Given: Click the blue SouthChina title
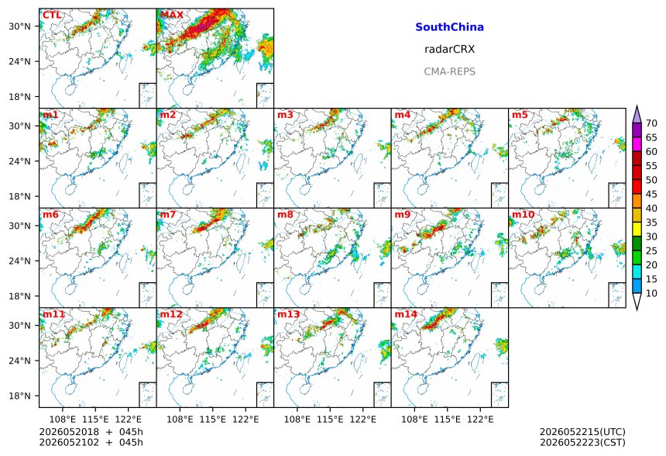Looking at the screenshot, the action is (449, 27).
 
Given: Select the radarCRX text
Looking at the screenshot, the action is (449, 50).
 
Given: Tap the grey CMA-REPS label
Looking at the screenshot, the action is (449, 71).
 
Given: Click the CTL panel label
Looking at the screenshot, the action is (52, 16).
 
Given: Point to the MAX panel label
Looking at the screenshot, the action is (172, 16).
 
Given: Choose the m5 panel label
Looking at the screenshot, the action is (520, 115).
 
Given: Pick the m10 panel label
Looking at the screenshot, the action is (523, 214).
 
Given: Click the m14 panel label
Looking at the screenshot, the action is (406, 314).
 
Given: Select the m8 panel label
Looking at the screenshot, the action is (285, 214).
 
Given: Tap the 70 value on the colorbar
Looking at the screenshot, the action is (651, 123).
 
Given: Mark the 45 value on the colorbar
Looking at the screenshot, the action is (651, 195).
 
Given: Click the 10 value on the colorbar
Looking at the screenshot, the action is (651, 293).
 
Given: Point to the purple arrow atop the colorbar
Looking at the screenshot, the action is (637, 114).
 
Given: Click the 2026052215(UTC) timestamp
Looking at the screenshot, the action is (582, 432).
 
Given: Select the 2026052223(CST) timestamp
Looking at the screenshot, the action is (582, 443).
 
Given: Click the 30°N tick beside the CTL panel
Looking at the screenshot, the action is (19, 26).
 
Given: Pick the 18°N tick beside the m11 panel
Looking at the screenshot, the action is (19, 396).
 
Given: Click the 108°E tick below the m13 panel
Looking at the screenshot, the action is (297, 420).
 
